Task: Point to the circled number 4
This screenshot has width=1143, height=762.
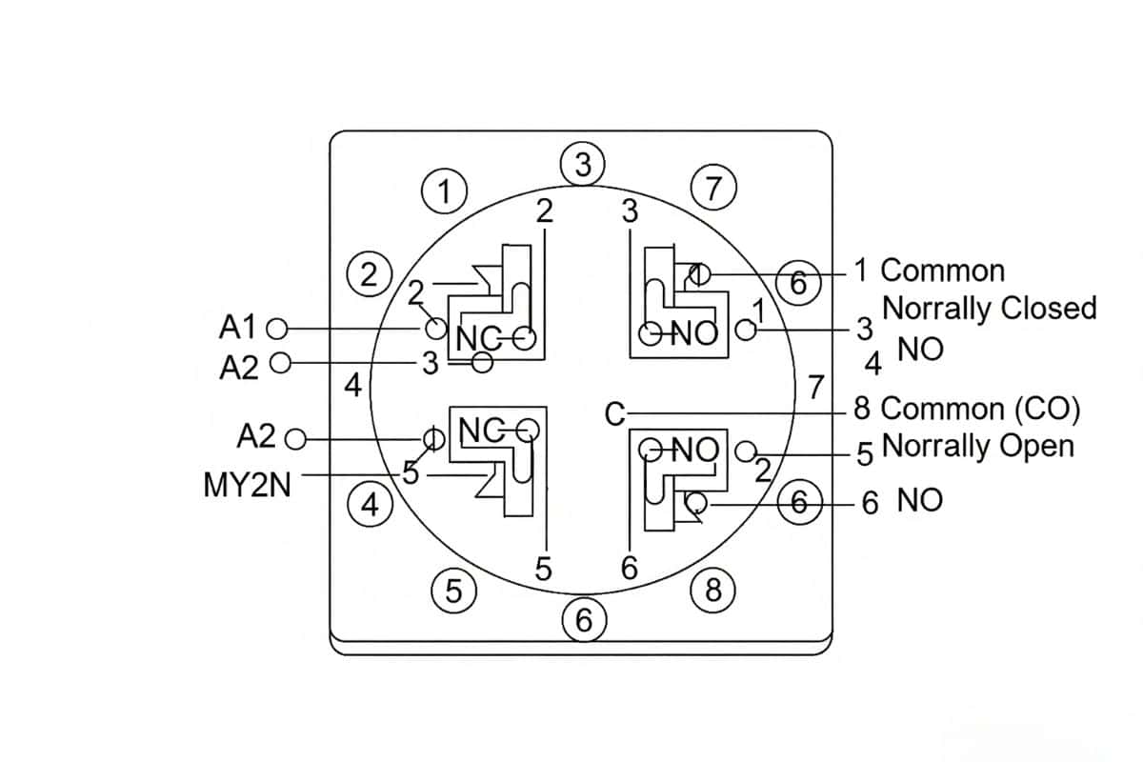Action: pos(371,505)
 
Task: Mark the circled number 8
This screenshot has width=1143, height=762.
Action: pos(712,592)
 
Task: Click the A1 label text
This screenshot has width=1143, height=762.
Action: pos(238,328)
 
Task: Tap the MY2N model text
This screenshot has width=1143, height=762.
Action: pos(248,486)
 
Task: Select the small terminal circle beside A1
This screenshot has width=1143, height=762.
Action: pos(278,329)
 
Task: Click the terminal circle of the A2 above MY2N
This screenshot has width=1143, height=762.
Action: pos(295,439)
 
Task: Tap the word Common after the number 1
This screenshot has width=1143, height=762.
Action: pos(942,271)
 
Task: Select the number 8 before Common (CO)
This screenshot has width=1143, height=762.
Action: pos(862,409)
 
